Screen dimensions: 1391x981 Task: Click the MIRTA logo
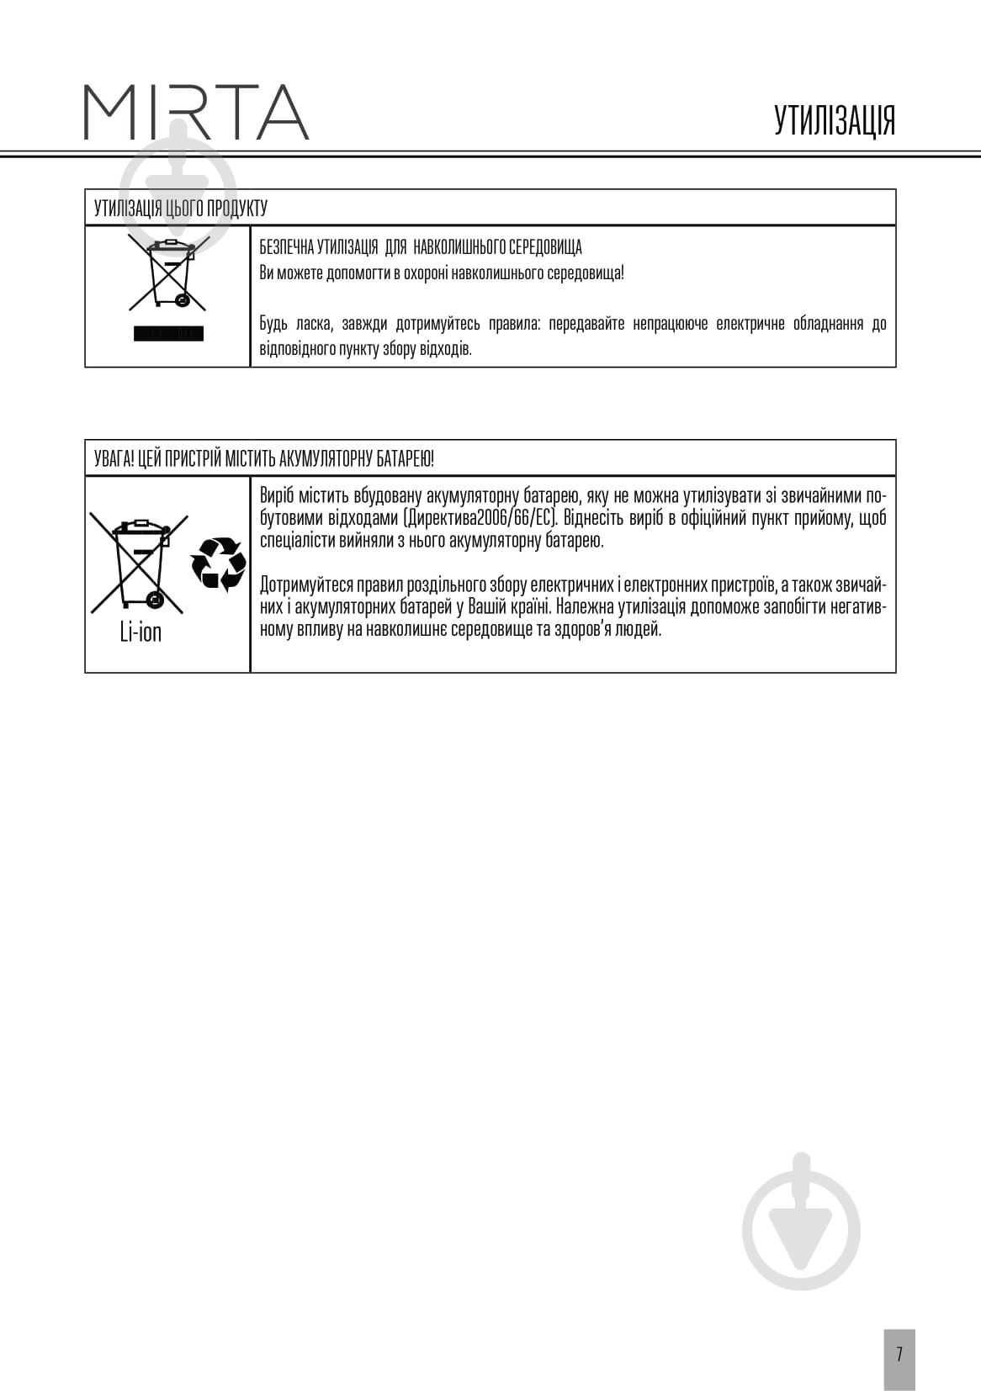click(196, 112)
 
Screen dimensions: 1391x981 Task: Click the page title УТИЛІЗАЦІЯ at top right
click(834, 120)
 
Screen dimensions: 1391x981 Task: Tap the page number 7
click(899, 1355)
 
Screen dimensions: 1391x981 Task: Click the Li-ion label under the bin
click(141, 632)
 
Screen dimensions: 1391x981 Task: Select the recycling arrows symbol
click(218, 563)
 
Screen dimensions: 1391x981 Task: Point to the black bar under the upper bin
click(168, 334)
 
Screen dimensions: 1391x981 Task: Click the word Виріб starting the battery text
click(277, 495)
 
